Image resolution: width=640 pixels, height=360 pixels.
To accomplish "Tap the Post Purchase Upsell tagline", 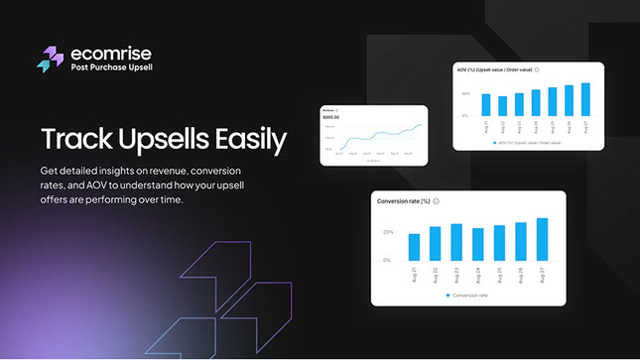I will pyautogui.click(x=110, y=67).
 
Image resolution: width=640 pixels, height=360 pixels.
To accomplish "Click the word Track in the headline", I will pyautogui.click(x=74, y=140).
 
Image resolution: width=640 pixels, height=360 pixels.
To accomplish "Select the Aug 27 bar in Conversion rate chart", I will pyautogui.click(x=542, y=239).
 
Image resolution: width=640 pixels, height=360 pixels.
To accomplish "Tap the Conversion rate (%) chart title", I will pyautogui.click(x=404, y=201).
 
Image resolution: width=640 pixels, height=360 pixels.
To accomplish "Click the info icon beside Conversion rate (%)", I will pyautogui.click(x=438, y=201).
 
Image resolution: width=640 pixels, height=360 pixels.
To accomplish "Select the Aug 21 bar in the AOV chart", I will pyautogui.click(x=486, y=105).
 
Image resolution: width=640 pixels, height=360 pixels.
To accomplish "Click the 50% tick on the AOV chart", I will pyautogui.click(x=465, y=94).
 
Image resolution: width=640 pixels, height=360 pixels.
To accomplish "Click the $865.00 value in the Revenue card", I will pyautogui.click(x=331, y=118).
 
